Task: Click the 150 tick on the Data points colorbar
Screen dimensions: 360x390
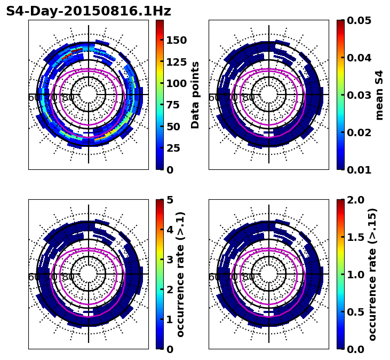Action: click(x=176, y=40)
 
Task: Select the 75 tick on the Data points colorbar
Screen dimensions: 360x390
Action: click(x=172, y=105)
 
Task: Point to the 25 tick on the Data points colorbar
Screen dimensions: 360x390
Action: click(x=172, y=148)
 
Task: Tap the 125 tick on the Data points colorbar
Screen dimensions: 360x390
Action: click(x=176, y=62)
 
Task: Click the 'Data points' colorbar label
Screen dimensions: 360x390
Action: click(x=195, y=95)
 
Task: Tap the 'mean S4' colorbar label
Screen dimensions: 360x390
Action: click(x=379, y=95)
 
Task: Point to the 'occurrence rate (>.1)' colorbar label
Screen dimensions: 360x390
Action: click(x=181, y=275)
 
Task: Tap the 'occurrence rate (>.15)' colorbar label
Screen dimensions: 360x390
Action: click(x=372, y=275)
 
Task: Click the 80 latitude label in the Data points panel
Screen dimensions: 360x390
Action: click(x=68, y=98)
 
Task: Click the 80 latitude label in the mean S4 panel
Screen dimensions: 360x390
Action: click(x=249, y=98)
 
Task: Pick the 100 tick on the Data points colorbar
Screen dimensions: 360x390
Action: click(x=176, y=83)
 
